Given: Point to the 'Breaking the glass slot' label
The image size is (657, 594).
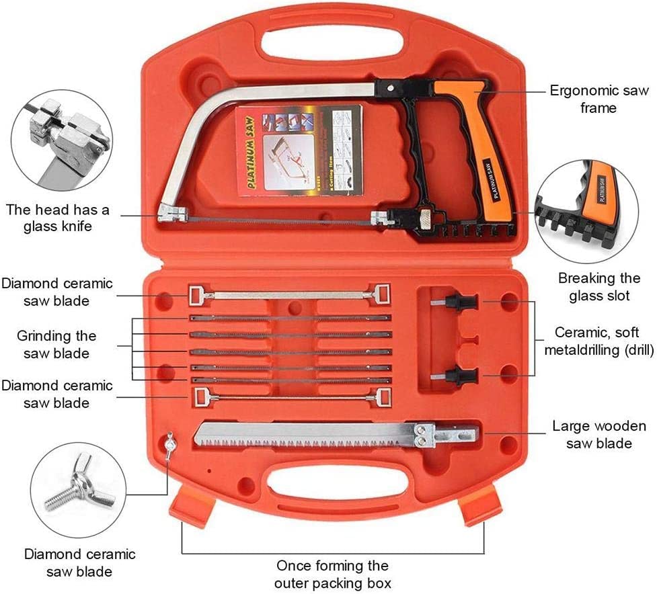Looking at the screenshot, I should pos(600,287).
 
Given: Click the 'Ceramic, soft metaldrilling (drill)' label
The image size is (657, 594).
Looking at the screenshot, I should pos(598,341).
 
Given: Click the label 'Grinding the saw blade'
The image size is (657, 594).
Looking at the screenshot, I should pos(56,343).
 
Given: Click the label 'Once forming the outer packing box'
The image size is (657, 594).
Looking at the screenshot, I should pos(333,574).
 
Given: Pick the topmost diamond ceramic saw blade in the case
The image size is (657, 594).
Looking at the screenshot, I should pos(289,294).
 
